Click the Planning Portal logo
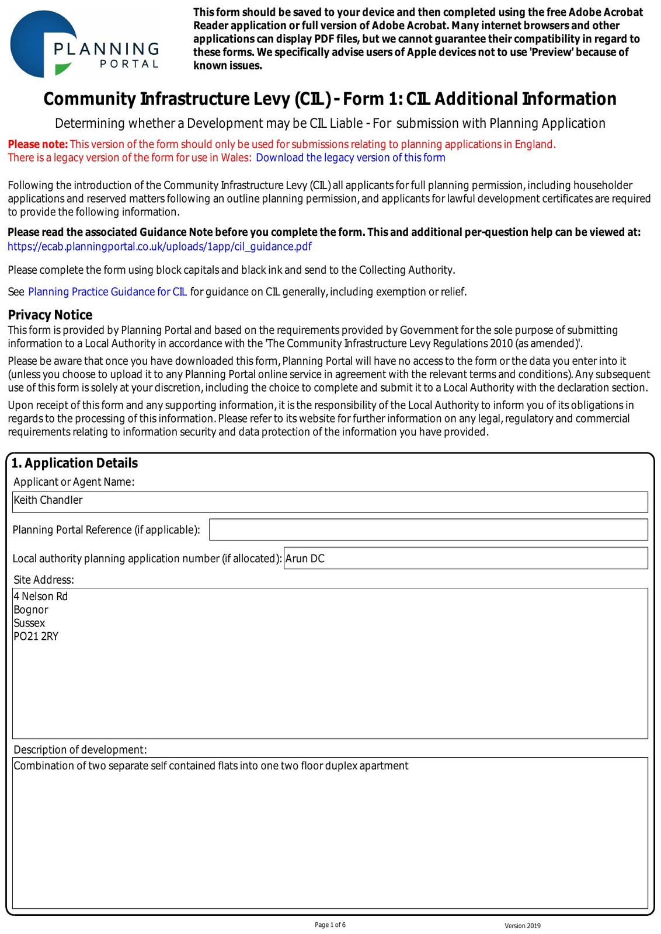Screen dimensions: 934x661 [x=85, y=44]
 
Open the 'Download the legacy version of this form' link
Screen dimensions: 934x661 [x=350, y=158]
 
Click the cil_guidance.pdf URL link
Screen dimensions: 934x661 [x=159, y=246]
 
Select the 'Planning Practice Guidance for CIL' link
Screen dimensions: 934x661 [x=107, y=292]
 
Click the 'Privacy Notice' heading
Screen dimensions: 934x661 [x=50, y=315]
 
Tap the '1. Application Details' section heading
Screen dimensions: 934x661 [x=75, y=463]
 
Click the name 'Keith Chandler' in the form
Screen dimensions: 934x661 [x=48, y=500]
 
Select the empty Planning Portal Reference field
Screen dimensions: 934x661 [x=428, y=529]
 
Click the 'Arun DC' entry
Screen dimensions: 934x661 [x=305, y=559]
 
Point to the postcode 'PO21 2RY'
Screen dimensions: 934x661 [x=36, y=636]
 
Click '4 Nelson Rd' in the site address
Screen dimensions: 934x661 [x=41, y=596]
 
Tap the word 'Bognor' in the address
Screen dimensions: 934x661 [x=31, y=609]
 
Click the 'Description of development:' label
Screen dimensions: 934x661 [x=80, y=750]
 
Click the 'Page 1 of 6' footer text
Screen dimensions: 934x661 [x=330, y=925]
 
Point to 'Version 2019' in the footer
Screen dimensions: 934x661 [x=523, y=926]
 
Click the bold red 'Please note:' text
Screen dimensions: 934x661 [x=38, y=144]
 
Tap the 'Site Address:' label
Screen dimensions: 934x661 [x=44, y=580]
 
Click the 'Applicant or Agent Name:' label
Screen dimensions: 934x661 [x=74, y=482]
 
